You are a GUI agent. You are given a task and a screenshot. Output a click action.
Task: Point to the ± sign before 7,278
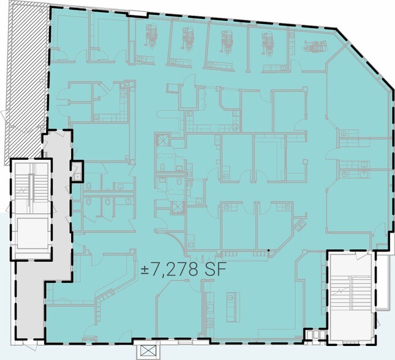[x=146, y=270]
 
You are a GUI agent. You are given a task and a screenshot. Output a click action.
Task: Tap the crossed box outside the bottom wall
[x=148, y=351]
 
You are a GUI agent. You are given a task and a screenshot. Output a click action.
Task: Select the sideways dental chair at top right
[x=314, y=46]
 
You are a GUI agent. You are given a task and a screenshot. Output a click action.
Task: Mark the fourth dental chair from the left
[x=268, y=42]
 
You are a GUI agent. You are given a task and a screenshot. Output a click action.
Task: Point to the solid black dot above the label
[x=268, y=251]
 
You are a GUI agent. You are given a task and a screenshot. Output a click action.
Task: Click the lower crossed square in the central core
[x=178, y=206]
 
